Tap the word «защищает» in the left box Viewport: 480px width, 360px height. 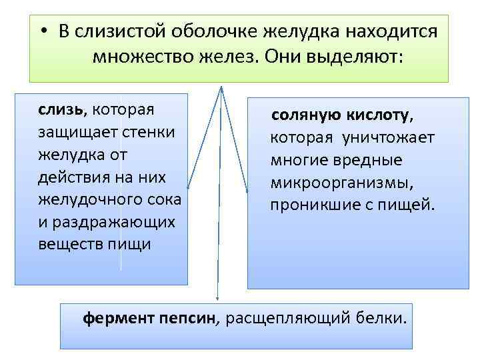pyautogui.click(x=75, y=131)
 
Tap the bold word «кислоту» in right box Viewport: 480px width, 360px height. pyautogui.click(x=379, y=116)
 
